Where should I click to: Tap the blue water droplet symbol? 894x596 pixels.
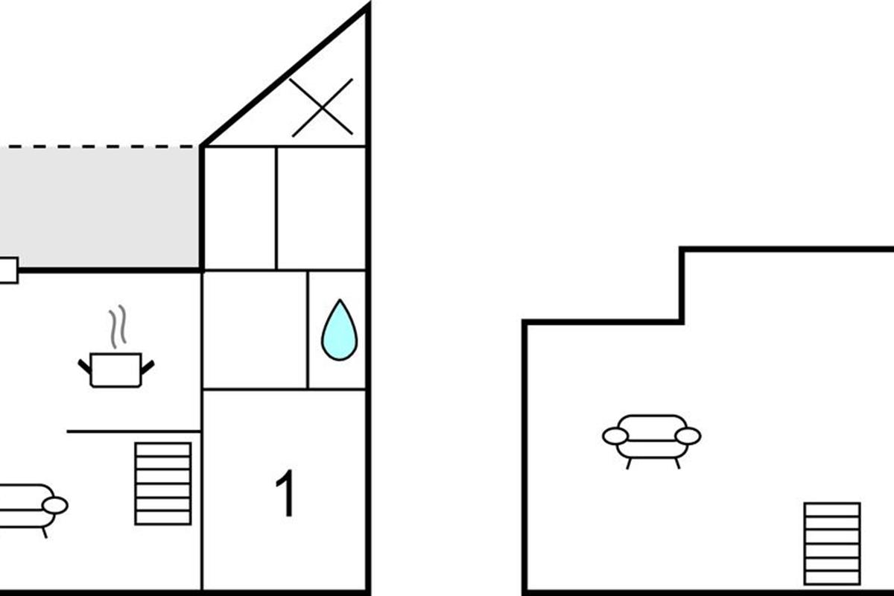click(339, 331)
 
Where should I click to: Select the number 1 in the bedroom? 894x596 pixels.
click(286, 493)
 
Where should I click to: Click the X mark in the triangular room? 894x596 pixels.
click(322, 107)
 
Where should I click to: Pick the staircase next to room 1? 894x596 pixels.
click(163, 484)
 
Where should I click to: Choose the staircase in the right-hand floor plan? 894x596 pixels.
click(832, 544)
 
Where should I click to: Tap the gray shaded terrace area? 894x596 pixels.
click(100, 208)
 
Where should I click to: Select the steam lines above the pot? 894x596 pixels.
click(118, 326)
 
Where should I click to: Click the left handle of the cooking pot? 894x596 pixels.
click(84, 367)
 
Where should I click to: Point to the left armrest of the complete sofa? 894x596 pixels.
click(615, 436)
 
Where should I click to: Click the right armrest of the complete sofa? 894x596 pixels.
click(688, 436)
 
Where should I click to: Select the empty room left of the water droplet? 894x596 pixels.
click(255, 329)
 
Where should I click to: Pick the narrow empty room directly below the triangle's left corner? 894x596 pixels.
click(239, 208)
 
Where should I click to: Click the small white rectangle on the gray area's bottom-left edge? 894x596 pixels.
click(9, 270)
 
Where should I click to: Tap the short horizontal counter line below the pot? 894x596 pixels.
click(133, 431)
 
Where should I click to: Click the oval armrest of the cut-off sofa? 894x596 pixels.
click(55, 506)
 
